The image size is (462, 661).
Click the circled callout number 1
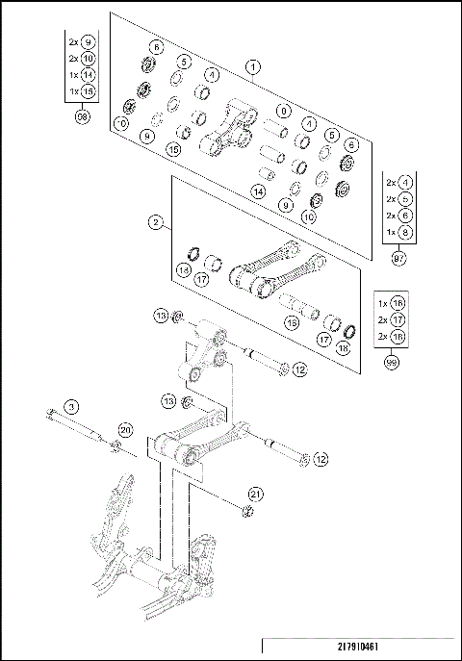coord(252,67)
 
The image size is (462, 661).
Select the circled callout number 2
coord(156,222)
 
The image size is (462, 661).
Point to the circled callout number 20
coord(124,429)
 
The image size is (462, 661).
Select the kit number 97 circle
coord(398,258)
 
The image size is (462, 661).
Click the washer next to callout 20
coord(114,444)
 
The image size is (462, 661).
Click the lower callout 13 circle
coord(168,399)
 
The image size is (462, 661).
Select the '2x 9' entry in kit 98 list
coord(81,42)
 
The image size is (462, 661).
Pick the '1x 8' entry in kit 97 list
coord(398,232)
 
